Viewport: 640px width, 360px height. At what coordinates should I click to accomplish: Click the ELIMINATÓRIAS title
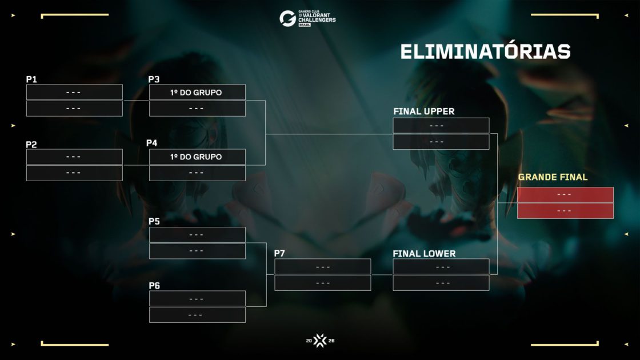(485, 51)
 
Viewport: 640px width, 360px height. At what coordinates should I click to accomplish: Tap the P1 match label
(31, 79)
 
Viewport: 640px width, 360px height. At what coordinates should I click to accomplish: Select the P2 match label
(31, 145)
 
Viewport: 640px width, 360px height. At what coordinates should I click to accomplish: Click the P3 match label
(154, 79)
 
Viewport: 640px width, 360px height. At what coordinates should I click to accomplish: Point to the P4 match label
(152, 143)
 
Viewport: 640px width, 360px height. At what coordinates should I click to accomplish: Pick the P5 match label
(154, 221)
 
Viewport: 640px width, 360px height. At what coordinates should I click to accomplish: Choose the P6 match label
(154, 286)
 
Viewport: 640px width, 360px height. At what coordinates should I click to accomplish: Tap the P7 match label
(279, 253)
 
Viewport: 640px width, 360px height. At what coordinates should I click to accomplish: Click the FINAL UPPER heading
(423, 111)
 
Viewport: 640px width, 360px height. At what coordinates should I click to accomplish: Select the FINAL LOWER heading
(424, 254)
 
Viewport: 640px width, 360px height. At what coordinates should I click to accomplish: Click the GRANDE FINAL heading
(553, 177)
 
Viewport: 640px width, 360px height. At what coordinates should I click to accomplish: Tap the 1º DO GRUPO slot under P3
(197, 92)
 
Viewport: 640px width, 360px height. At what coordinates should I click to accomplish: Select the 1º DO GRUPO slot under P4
(197, 157)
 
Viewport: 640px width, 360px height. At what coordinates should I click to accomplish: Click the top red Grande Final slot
(565, 195)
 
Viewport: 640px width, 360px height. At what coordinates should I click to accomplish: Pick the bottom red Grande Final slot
(565, 211)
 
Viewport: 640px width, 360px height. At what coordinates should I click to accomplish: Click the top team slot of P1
(74, 92)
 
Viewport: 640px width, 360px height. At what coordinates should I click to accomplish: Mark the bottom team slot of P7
(323, 283)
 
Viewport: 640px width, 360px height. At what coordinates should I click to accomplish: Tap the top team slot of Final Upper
(441, 126)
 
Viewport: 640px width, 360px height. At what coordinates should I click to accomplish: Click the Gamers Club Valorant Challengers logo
(307, 18)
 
